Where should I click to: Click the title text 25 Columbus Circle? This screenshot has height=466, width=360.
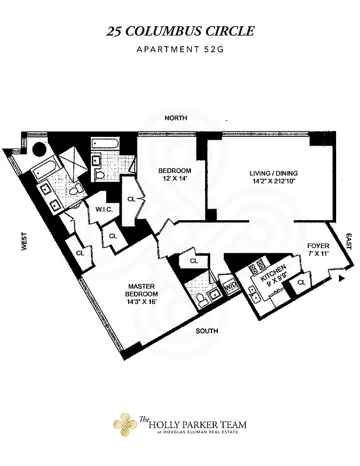tap(180, 31)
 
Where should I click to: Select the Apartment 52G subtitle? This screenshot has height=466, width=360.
tap(180, 50)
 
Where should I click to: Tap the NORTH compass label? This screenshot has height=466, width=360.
tap(175, 118)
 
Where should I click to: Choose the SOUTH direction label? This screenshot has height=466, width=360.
tap(207, 331)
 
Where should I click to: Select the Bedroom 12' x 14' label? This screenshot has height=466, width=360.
tap(171, 175)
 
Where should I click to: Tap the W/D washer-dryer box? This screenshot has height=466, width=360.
tap(230, 285)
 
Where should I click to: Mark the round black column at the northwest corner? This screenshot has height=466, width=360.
tap(39, 149)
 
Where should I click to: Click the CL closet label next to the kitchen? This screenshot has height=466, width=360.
tap(301, 283)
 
